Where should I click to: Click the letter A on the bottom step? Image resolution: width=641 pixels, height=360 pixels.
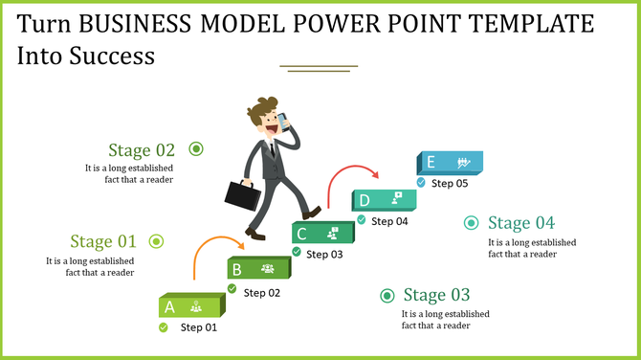tap(169, 307)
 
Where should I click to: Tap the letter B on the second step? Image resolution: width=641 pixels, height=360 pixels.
tap(237, 269)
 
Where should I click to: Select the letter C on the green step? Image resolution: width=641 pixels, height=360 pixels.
tap(301, 234)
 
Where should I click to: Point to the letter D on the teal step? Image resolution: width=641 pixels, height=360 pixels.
tap(365, 200)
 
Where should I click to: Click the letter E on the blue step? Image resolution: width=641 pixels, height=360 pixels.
tap(431, 163)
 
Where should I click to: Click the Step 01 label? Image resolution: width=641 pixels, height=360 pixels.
tap(199, 327)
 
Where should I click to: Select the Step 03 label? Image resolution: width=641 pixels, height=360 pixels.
tap(323, 254)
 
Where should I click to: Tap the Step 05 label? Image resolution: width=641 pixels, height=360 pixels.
tap(450, 183)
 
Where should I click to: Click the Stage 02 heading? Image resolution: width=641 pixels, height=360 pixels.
tap(142, 150)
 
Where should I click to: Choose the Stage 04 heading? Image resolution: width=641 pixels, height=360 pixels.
tap(520, 223)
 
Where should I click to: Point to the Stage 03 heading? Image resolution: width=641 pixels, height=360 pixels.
tap(436, 295)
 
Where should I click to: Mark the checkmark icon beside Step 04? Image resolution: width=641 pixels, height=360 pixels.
tap(362, 219)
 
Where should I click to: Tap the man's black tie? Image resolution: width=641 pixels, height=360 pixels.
tap(273, 147)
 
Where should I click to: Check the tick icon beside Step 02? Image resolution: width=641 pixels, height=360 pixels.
tap(232, 291)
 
